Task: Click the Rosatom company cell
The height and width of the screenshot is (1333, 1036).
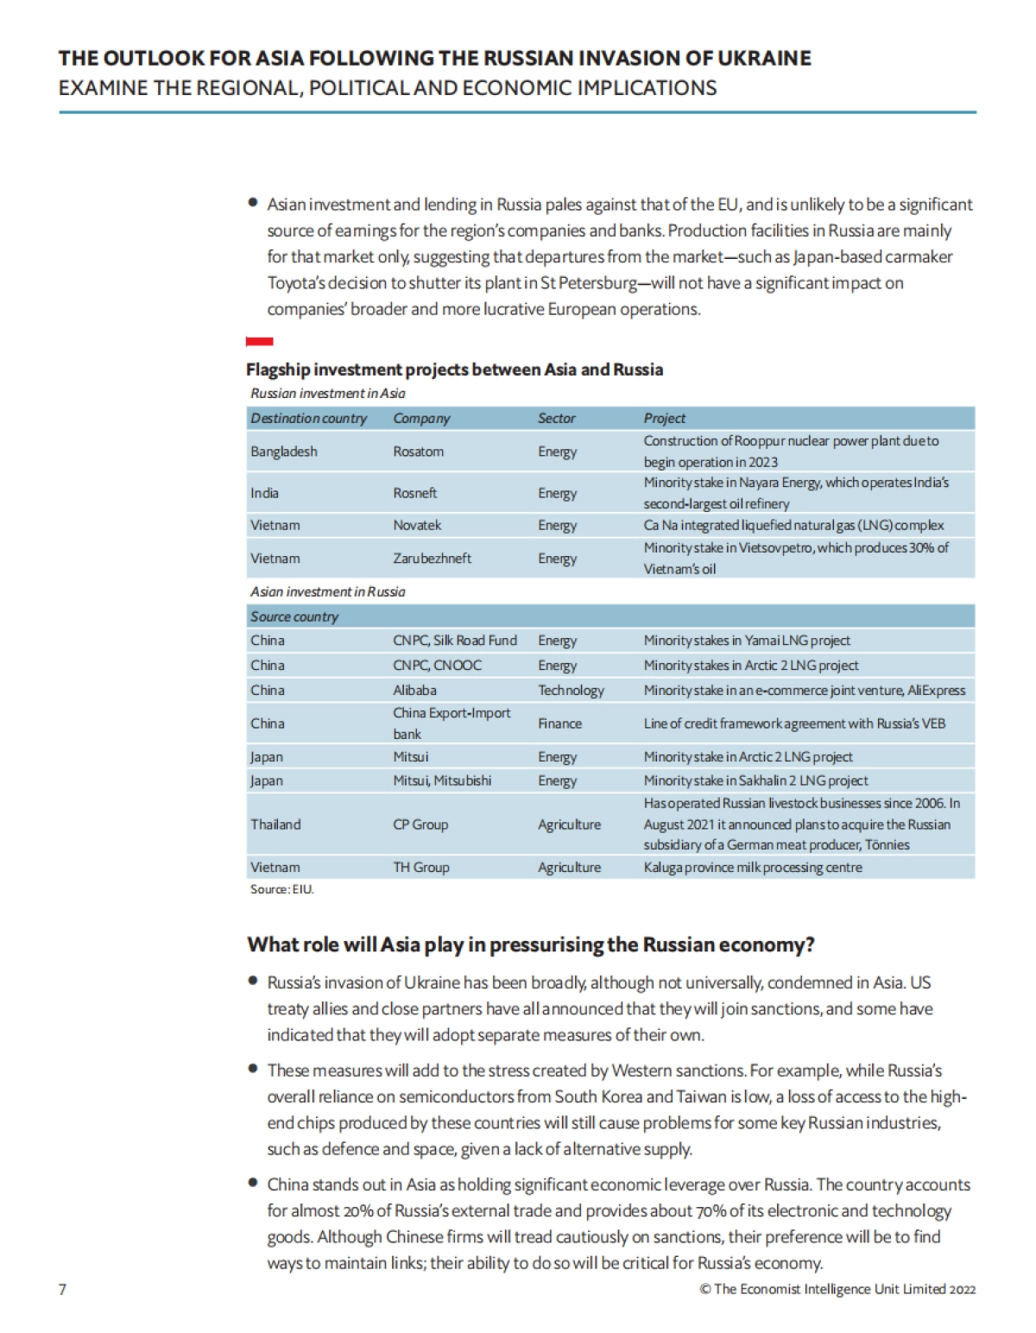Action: (419, 452)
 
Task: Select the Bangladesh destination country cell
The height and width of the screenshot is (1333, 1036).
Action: (284, 452)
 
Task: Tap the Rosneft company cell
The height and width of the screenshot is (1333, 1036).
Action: (415, 493)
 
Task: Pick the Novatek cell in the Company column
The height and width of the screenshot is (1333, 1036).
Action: (417, 525)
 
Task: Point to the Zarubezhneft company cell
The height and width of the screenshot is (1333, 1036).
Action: (433, 559)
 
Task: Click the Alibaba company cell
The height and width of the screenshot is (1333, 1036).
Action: (415, 690)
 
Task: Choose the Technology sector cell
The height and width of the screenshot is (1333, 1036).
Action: (571, 690)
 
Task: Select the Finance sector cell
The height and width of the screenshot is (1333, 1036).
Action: (559, 723)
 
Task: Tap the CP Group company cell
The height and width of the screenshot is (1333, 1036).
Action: (420, 824)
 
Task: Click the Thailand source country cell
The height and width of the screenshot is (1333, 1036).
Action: (276, 824)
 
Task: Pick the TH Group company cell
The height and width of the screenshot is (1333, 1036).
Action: (421, 867)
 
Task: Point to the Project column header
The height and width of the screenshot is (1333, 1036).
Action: (665, 418)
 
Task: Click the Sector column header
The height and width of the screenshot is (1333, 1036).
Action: (557, 418)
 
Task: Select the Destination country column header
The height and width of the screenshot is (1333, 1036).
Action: (309, 418)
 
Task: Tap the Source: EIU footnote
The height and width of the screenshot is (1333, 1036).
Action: (282, 889)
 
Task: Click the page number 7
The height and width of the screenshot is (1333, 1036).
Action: (62, 1289)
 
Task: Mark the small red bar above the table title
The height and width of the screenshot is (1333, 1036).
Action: (260, 342)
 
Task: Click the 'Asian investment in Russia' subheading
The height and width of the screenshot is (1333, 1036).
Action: (328, 591)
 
